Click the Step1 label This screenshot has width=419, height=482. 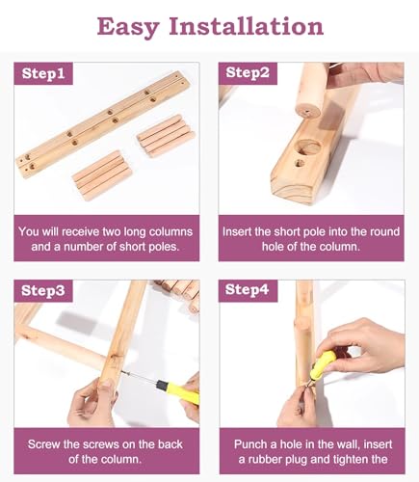tap(43, 73)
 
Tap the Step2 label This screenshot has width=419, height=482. tap(248, 72)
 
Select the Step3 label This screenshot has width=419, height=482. tap(43, 290)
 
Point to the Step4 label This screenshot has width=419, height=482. tap(247, 289)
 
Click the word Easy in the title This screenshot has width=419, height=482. tap(127, 27)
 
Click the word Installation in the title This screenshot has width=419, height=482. tap(247, 26)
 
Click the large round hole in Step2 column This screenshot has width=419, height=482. tap(309, 147)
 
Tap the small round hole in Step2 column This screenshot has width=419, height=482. tap(301, 163)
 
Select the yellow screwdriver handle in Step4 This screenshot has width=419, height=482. tap(324, 363)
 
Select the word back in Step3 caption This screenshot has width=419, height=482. tap(170, 444)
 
